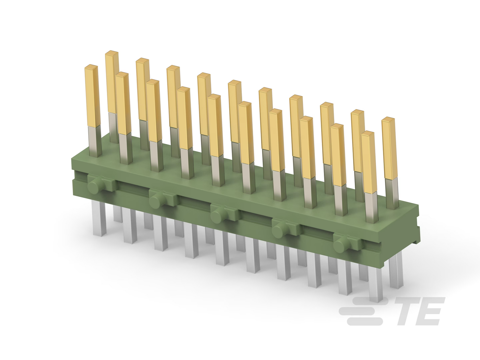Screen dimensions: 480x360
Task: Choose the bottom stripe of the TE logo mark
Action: click(365, 322)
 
